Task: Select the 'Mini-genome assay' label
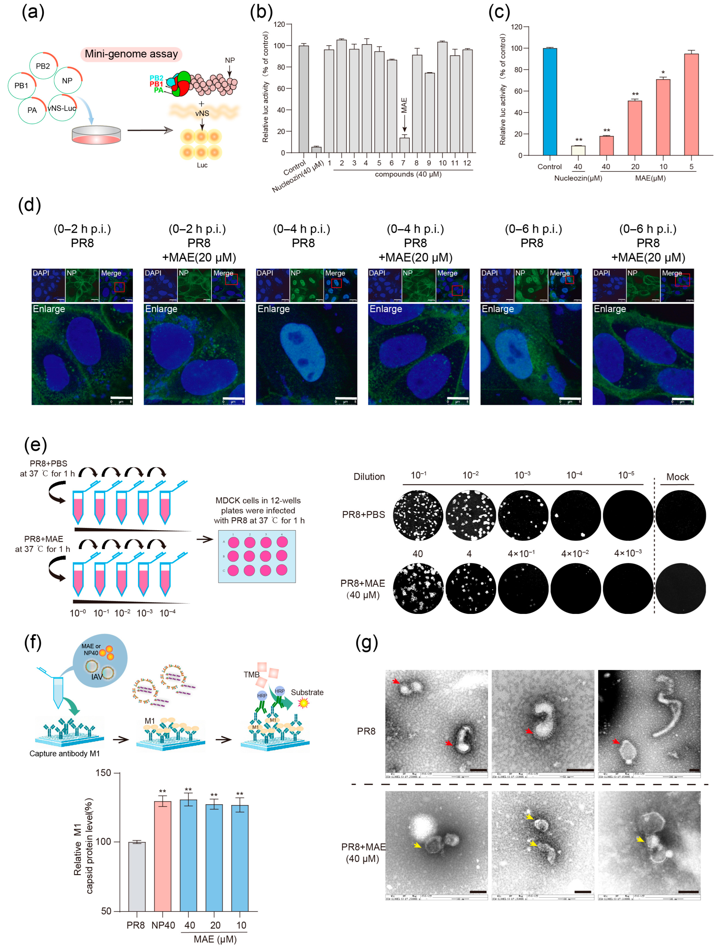(x=131, y=54)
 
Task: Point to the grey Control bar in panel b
(x=304, y=99)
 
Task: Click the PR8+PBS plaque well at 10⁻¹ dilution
(x=418, y=515)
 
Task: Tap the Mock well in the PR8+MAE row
(x=680, y=588)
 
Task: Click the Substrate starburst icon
(x=304, y=703)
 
